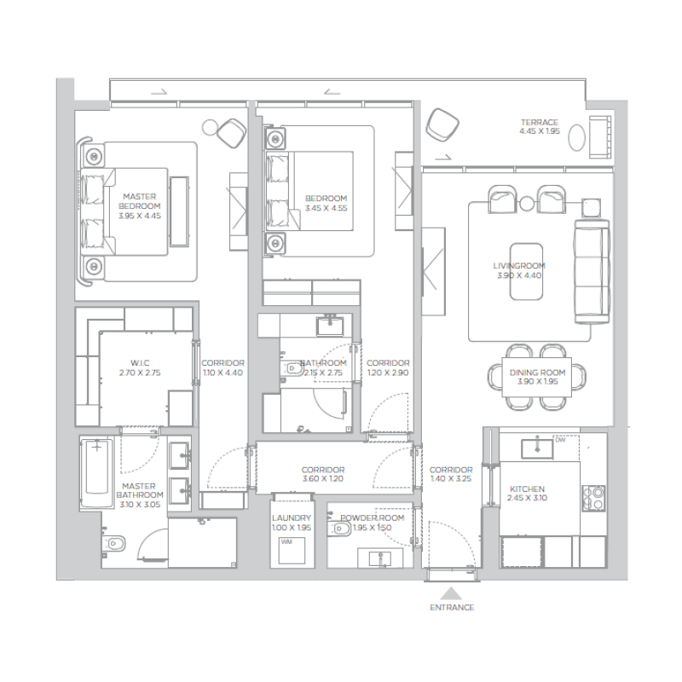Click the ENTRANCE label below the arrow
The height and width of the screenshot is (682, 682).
pyautogui.click(x=453, y=608)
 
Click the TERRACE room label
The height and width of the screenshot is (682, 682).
pyautogui.click(x=540, y=123)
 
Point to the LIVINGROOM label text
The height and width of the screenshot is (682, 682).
pyautogui.click(x=519, y=266)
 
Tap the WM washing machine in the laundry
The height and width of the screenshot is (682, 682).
pyautogui.click(x=286, y=542)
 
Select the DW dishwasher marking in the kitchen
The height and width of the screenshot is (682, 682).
pyautogui.click(x=560, y=441)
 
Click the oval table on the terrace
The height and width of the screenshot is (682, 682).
pyautogui.click(x=577, y=136)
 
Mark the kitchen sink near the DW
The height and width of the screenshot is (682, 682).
pyautogui.click(x=537, y=444)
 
